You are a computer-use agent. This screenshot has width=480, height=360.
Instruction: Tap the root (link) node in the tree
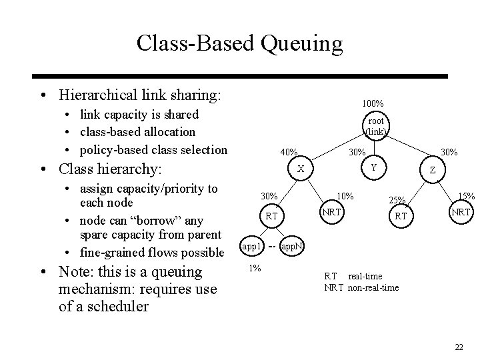[375, 126]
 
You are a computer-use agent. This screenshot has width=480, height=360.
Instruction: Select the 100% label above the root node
[373, 104]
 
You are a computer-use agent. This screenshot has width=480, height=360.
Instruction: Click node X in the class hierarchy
[301, 169]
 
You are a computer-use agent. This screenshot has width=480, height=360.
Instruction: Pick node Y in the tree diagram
[374, 167]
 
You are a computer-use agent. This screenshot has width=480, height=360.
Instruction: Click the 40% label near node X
[289, 153]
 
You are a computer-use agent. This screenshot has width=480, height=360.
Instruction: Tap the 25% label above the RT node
[398, 201]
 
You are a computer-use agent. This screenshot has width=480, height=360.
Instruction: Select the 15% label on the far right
[466, 196]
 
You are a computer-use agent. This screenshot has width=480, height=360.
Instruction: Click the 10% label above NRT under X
[345, 196]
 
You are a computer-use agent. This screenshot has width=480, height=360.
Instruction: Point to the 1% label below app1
[253, 268]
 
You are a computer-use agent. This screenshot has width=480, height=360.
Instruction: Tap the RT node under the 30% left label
[271, 216]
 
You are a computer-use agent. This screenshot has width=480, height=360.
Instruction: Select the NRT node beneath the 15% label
[461, 212]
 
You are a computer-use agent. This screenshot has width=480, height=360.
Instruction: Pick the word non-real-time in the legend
[375, 287]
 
